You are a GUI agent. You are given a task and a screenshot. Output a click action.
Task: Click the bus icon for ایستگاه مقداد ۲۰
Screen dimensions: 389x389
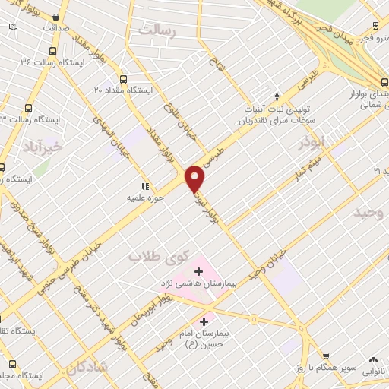coord(123,78)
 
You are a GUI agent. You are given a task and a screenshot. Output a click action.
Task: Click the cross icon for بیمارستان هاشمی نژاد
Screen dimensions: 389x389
coord(199,270)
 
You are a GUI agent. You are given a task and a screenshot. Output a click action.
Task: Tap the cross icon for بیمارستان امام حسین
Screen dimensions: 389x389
coord(203,321)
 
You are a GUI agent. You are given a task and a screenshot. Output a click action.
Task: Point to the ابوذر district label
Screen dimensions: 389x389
coord(312,142)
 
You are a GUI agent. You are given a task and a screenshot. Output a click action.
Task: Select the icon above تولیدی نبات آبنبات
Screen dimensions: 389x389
coord(277,96)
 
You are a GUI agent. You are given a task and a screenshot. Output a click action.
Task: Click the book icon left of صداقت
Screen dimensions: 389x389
coord(13,27)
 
